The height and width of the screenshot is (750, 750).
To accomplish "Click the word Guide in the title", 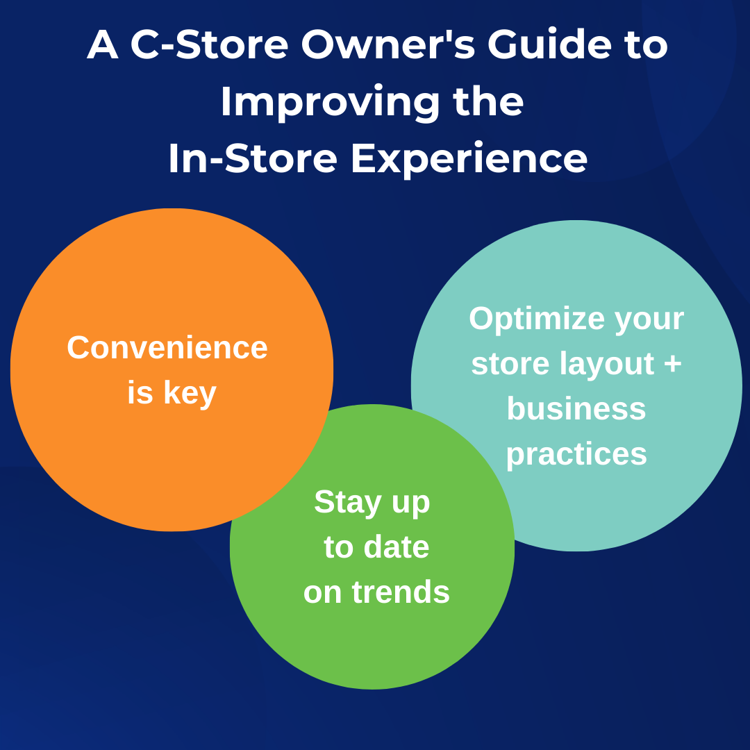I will (x=549, y=45).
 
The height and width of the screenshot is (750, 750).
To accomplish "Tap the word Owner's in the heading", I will (x=388, y=45).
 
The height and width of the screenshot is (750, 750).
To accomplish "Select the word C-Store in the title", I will (x=209, y=45).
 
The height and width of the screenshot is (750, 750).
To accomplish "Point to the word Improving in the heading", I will (x=330, y=102).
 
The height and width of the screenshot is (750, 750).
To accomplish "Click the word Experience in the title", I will (x=469, y=158).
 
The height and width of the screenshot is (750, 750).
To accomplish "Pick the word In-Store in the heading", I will (x=253, y=158).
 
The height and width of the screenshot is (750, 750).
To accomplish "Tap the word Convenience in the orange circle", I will (x=167, y=347).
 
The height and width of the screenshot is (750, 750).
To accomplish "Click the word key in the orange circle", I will (x=190, y=393).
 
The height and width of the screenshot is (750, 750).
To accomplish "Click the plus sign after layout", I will (x=672, y=364).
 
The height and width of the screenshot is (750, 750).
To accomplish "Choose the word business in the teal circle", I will (x=576, y=408).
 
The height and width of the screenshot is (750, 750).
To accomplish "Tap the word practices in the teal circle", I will (x=576, y=454).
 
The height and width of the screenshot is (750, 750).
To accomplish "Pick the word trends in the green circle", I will (x=401, y=592).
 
